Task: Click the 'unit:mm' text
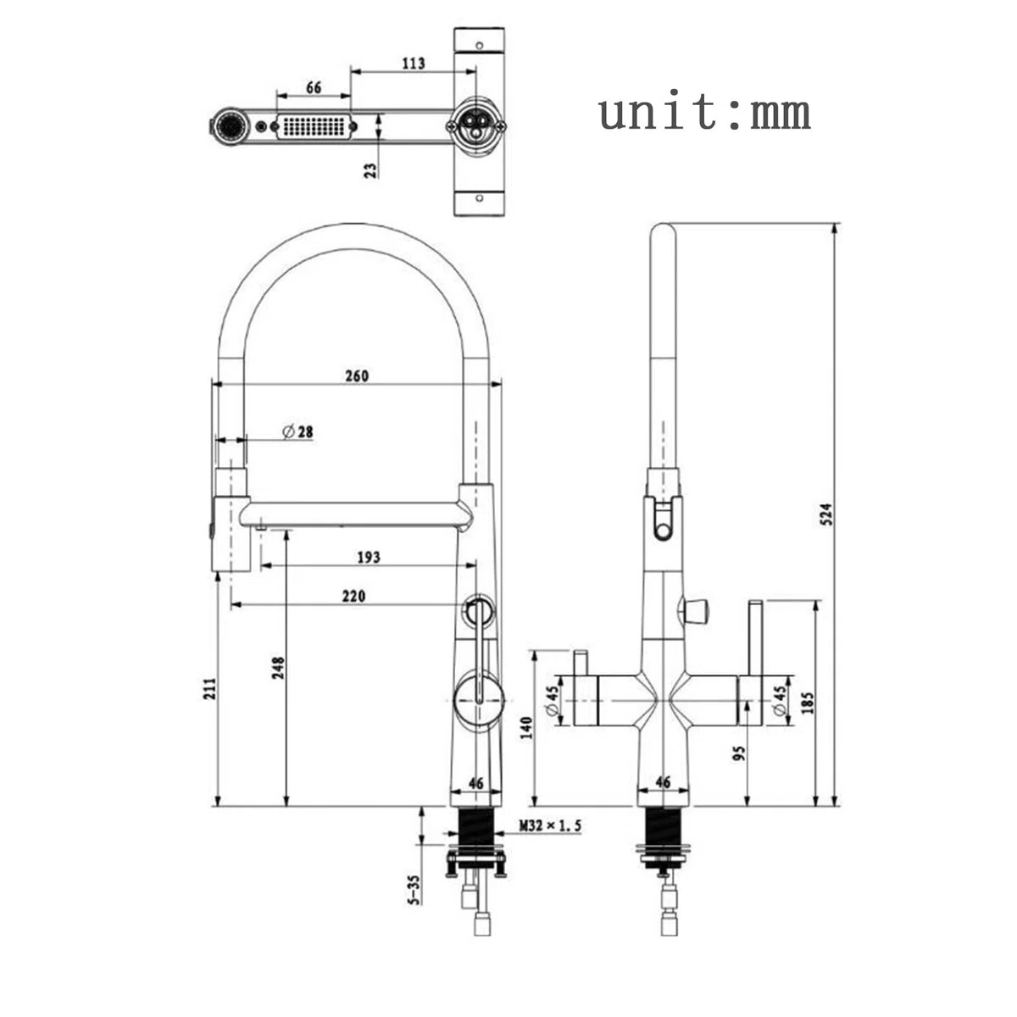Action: point(704,113)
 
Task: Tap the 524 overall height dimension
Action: point(826,514)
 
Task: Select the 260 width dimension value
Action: point(357,376)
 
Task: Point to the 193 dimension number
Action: point(369,558)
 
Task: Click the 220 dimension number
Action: point(353,596)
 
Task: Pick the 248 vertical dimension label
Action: point(278,668)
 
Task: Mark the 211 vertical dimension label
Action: point(209,689)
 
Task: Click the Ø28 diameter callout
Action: point(297,432)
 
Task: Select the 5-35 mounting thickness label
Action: point(414,891)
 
